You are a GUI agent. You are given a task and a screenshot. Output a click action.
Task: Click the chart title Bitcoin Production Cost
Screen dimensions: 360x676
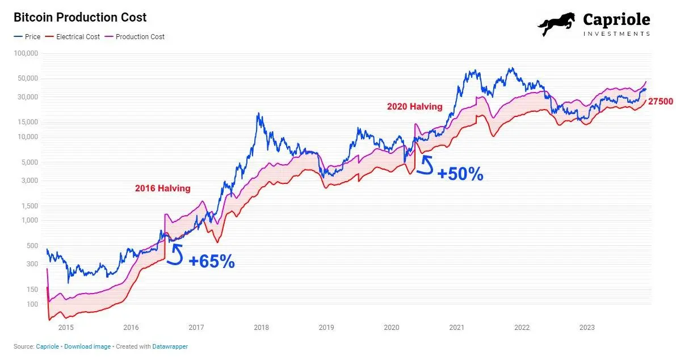click(x=80, y=18)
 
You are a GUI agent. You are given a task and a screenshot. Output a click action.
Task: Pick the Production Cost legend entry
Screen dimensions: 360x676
click(x=140, y=36)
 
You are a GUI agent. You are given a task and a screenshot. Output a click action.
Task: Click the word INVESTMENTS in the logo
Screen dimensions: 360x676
click(x=616, y=34)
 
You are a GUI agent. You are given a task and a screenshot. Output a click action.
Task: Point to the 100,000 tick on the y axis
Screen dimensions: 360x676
click(x=26, y=53)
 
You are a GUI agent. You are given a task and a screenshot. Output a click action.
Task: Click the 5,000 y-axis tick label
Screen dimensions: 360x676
click(x=30, y=162)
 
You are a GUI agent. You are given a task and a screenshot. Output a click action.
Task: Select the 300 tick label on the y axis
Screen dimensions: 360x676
click(x=32, y=263)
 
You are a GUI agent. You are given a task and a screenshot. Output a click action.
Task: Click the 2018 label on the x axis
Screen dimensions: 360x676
click(x=261, y=328)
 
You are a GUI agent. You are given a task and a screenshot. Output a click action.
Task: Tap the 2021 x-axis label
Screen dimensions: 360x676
click(x=457, y=328)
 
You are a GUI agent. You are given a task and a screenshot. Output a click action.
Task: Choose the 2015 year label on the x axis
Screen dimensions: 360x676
click(x=66, y=328)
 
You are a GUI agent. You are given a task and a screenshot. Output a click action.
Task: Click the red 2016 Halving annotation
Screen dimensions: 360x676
click(x=162, y=189)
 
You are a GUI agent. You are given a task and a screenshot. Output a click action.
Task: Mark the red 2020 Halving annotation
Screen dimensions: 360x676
click(x=414, y=106)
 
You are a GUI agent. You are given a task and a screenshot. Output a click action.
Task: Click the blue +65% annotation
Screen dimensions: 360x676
click(x=212, y=262)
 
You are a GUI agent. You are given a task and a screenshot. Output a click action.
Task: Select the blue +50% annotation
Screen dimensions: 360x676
click(x=460, y=174)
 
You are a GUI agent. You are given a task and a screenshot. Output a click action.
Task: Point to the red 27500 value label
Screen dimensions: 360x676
click(x=661, y=102)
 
